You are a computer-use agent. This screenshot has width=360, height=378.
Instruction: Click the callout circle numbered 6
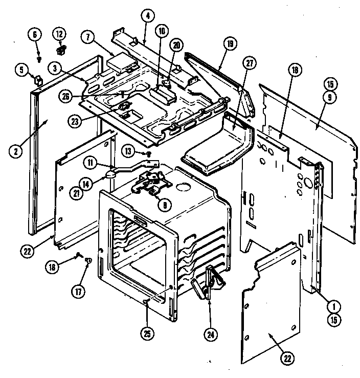click(35, 34)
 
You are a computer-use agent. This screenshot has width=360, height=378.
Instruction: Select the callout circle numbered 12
click(59, 34)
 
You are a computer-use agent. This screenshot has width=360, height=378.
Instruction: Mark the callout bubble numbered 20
click(176, 45)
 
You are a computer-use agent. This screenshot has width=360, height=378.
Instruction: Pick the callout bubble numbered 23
click(75, 121)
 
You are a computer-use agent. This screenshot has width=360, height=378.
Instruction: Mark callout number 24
click(210, 335)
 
